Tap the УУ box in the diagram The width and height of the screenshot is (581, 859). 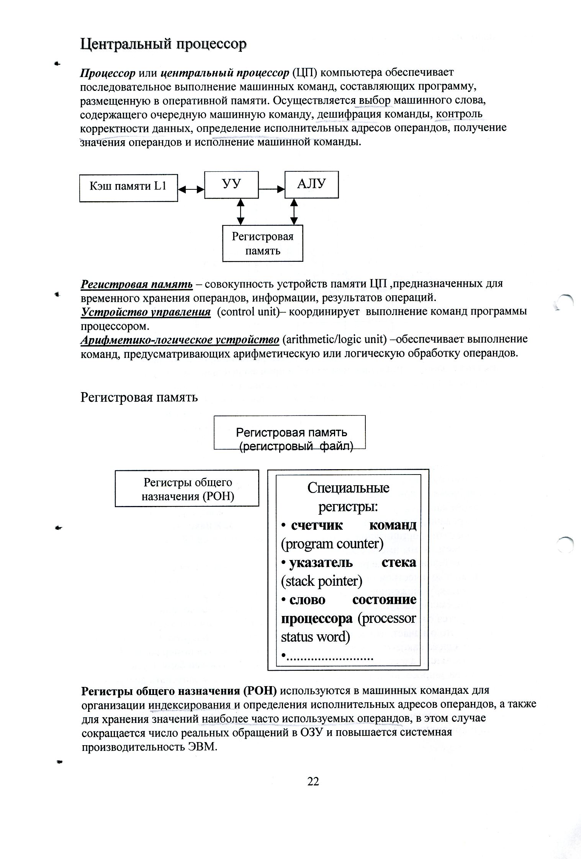point(231,184)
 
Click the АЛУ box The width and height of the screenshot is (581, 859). point(311,184)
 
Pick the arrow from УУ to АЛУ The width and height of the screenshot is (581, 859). point(272,189)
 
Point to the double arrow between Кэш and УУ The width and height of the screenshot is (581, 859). point(191,189)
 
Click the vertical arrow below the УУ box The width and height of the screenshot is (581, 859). point(240,211)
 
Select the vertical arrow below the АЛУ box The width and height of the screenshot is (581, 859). point(294,211)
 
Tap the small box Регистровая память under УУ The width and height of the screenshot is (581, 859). point(263,243)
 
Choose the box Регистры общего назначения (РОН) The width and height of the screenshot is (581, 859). point(187,488)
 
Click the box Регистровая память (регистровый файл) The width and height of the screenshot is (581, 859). point(290,432)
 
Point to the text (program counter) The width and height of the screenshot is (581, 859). point(332,544)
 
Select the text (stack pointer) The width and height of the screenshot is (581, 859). point(321,581)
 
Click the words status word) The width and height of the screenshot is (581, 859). point(315,637)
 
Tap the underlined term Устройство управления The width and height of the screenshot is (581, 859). point(146,312)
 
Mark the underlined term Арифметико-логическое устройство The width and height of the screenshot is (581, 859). point(180,340)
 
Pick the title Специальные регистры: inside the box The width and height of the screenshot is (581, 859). point(348,497)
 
